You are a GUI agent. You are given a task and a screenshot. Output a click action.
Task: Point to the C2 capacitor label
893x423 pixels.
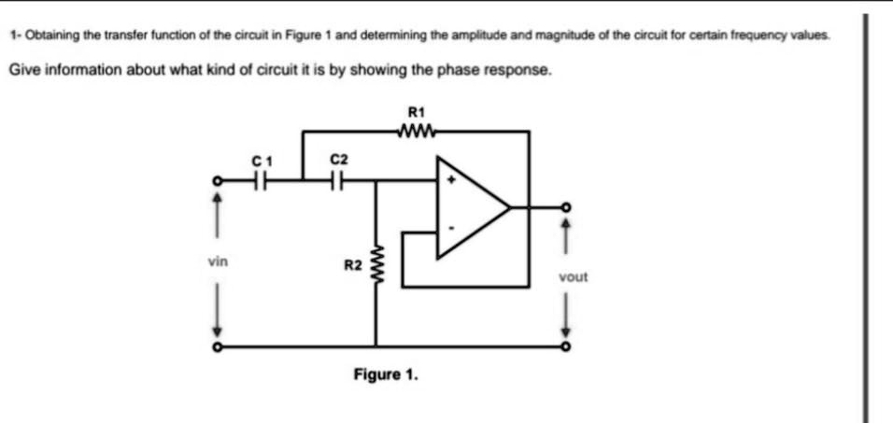(x=338, y=161)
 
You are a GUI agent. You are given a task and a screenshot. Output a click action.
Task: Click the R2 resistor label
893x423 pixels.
(x=352, y=266)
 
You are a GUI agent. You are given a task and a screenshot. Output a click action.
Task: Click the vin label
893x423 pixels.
(x=217, y=263)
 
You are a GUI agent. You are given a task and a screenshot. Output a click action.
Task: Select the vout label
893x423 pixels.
(x=573, y=276)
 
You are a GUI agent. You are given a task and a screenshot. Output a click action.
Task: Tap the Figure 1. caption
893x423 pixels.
(x=386, y=374)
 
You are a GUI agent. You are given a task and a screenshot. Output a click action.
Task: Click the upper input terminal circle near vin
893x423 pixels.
(x=217, y=181)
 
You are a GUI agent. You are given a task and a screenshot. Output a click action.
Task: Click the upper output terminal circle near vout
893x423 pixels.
(x=564, y=207)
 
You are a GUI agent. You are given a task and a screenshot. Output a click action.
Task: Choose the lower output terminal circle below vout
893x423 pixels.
(x=564, y=346)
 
